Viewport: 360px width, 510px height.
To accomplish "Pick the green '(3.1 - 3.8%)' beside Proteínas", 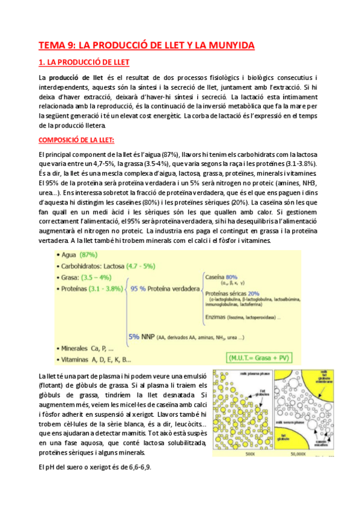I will point(106,289).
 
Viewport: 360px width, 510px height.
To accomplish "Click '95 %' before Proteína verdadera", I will point(138,289).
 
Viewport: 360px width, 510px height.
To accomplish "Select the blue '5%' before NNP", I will point(135,336).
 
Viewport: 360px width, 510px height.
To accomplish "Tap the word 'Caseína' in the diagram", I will point(216,278).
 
